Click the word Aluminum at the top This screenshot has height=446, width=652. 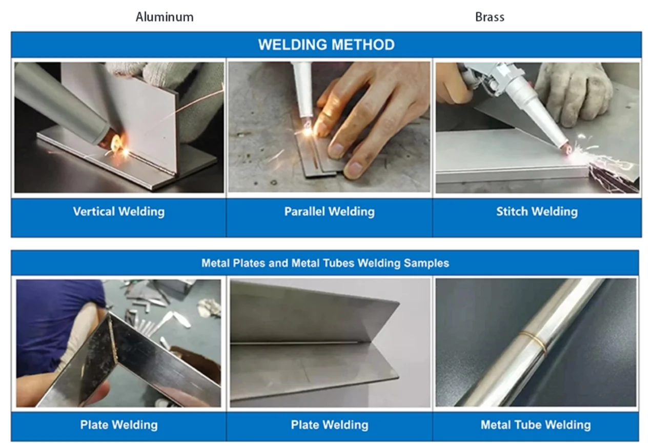[165, 17]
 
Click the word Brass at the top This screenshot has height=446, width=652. [490, 17]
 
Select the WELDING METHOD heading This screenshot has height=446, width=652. [327, 45]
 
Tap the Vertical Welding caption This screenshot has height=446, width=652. [119, 212]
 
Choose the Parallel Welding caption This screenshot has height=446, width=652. [329, 212]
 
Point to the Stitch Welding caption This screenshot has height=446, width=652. [537, 212]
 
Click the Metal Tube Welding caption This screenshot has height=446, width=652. [536, 425]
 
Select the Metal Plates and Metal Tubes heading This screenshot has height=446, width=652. [325, 263]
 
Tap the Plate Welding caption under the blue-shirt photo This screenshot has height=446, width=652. [119, 425]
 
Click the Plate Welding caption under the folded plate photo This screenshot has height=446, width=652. [330, 425]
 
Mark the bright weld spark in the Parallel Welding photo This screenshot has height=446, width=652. [308, 130]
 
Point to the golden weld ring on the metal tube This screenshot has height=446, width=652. [533, 342]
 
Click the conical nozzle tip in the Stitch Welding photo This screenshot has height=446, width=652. [565, 149]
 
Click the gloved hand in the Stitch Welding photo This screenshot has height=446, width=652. [570, 93]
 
